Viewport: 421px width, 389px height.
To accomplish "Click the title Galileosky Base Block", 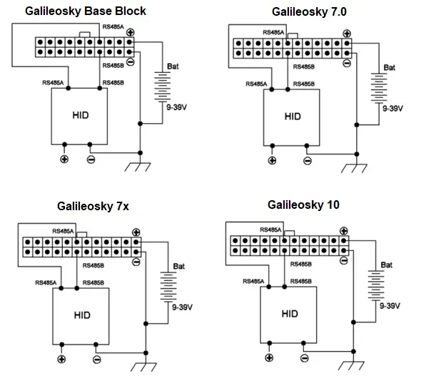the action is pyautogui.click(x=86, y=11).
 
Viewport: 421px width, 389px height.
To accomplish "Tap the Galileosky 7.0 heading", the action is pyautogui.click(x=309, y=12).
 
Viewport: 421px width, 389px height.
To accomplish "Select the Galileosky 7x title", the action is pyautogui.click(x=93, y=207).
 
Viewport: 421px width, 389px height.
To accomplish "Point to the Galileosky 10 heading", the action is pyautogui.click(x=303, y=205).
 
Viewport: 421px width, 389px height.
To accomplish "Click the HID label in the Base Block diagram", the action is pyautogui.click(x=81, y=115).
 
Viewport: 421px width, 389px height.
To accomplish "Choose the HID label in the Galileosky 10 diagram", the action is pyautogui.click(x=290, y=314).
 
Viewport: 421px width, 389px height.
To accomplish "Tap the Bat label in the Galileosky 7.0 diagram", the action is pyautogui.click(x=390, y=67).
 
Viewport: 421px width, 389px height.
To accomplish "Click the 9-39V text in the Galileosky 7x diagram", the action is pyautogui.click(x=182, y=307).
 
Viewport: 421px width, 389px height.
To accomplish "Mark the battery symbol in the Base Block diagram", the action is pyautogui.click(x=163, y=87).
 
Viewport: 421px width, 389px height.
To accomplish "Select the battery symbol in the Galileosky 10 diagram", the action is pyautogui.click(x=376, y=285).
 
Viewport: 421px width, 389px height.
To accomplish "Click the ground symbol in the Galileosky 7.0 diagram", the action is pyautogui.click(x=354, y=168).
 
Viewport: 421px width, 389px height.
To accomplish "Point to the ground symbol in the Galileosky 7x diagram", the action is pyautogui.click(x=143, y=367).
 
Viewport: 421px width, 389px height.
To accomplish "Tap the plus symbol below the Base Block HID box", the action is pyautogui.click(x=64, y=159).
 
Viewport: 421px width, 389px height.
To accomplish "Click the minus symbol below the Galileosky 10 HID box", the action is pyautogui.click(x=305, y=358).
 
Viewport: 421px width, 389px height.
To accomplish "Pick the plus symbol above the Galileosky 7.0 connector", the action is pyautogui.click(x=347, y=34).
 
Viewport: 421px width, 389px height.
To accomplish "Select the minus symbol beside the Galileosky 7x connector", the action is pyautogui.click(x=136, y=262).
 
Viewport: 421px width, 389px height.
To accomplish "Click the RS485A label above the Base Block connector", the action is pyautogui.click(x=113, y=26).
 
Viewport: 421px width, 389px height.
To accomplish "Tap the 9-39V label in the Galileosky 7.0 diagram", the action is pyautogui.click(x=392, y=109).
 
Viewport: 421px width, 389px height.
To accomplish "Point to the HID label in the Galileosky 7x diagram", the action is pyautogui.click(x=82, y=315).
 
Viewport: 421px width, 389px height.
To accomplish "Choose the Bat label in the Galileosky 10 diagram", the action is pyautogui.click(x=386, y=265).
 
